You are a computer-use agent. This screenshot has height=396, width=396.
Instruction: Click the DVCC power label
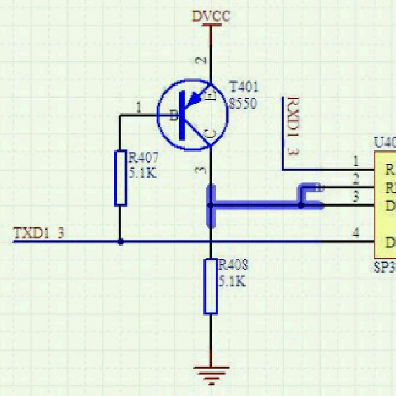coord(211,16)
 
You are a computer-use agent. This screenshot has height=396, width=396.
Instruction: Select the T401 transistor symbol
coord(192,115)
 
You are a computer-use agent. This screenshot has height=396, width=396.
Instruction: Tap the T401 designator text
coord(244,87)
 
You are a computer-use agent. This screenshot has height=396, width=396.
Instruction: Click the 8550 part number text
coord(243,103)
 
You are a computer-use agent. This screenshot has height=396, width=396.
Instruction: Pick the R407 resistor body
coord(120,178)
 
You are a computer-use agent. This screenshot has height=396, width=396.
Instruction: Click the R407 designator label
coord(143,158)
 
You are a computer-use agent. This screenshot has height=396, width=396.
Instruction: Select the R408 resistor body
coord(211,286)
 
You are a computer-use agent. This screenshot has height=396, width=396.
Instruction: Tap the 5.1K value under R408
coord(232,282)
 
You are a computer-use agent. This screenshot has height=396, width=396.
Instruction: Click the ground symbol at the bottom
coord(211,373)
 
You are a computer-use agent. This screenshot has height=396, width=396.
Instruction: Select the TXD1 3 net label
coord(39,233)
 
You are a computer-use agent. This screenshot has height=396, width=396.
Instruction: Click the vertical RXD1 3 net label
coord(293,126)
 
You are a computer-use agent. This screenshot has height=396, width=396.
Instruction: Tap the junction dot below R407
coord(120,242)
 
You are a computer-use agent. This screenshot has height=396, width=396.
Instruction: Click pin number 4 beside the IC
coord(356,233)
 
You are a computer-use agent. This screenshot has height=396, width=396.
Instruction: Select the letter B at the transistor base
coord(174,116)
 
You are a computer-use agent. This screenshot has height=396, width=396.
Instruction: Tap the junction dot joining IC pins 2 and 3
coord(301,205)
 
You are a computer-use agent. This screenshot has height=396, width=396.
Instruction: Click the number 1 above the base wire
coord(139,108)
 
